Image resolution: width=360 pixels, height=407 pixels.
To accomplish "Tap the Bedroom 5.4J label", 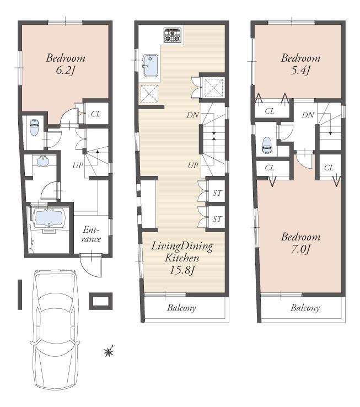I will [300, 64].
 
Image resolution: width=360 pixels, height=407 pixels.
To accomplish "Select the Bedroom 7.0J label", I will [300, 243].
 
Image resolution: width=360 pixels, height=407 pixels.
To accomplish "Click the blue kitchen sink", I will [151, 66].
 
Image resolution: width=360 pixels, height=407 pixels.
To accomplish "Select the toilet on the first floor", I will [33, 128].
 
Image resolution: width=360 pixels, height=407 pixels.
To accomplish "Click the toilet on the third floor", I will [267, 145].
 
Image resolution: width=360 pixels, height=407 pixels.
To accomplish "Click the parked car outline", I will [54, 331].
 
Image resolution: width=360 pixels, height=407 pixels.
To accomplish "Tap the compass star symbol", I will [109, 351].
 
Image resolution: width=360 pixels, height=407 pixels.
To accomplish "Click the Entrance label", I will [92, 234].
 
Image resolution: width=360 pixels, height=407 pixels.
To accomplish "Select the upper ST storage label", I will [217, 193].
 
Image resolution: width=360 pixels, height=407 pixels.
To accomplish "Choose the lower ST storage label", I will [217, 219].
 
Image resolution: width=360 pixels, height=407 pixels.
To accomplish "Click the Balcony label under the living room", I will [181, 308].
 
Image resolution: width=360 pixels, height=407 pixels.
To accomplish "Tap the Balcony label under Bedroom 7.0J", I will [305, 308].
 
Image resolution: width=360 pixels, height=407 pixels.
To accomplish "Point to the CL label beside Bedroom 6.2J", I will [95, 114].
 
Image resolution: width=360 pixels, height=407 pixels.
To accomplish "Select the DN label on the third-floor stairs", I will [308, 115].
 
